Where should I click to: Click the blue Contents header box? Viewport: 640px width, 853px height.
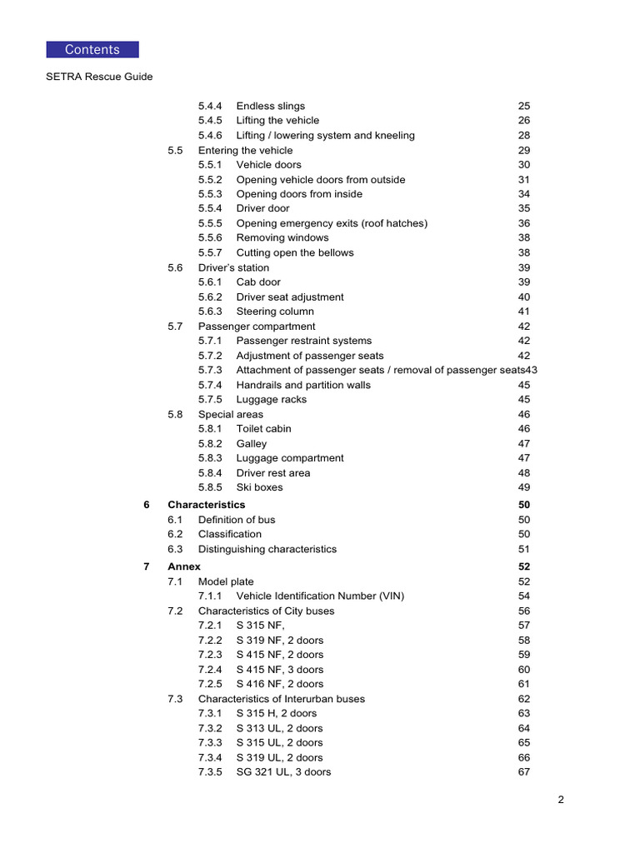coord(92,49)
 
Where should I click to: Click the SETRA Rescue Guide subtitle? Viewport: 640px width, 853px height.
coord(99,77)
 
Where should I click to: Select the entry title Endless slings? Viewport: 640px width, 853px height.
coord(271,106)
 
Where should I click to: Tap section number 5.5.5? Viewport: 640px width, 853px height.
coord(210,223)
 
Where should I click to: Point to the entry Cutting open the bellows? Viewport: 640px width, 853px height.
coord(295,252)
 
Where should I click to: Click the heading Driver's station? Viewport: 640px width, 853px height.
coord(233,267)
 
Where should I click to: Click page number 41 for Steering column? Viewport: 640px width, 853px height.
coord(524,312)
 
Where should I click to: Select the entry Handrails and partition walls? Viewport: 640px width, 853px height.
coord(303,385)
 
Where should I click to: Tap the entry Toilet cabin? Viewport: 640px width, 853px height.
coord(264,428)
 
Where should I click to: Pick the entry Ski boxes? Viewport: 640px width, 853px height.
coord(259,487)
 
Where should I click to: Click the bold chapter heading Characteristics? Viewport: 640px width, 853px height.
coord(207,505)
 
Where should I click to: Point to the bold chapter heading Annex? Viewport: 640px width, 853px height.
coord(184,566)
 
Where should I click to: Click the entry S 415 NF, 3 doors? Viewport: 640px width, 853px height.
coord(280,669)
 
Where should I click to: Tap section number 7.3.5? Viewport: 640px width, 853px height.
coord(210,771)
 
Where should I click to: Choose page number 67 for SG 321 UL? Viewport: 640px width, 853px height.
coord(524,771)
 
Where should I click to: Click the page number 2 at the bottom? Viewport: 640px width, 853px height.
coord(562,801)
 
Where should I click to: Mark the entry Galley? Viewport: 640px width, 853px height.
coord(252,443)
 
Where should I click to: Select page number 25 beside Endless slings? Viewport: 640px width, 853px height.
coord(524,106)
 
